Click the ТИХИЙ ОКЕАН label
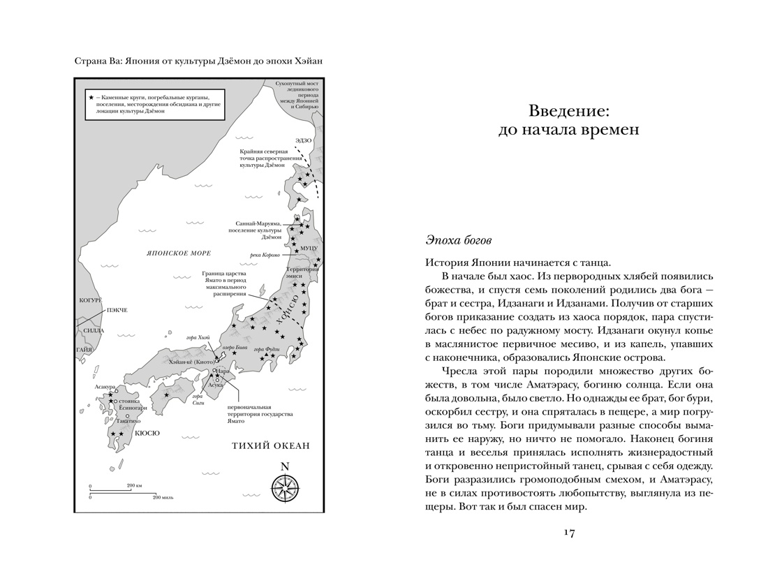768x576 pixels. (270, 446)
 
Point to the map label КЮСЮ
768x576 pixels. (147, 433)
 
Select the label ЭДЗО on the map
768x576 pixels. (302, 140)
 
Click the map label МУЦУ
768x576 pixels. (309, 248)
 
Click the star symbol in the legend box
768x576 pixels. (91, 96)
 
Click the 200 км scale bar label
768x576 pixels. (135, 484)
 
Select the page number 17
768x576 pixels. (568, 533)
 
